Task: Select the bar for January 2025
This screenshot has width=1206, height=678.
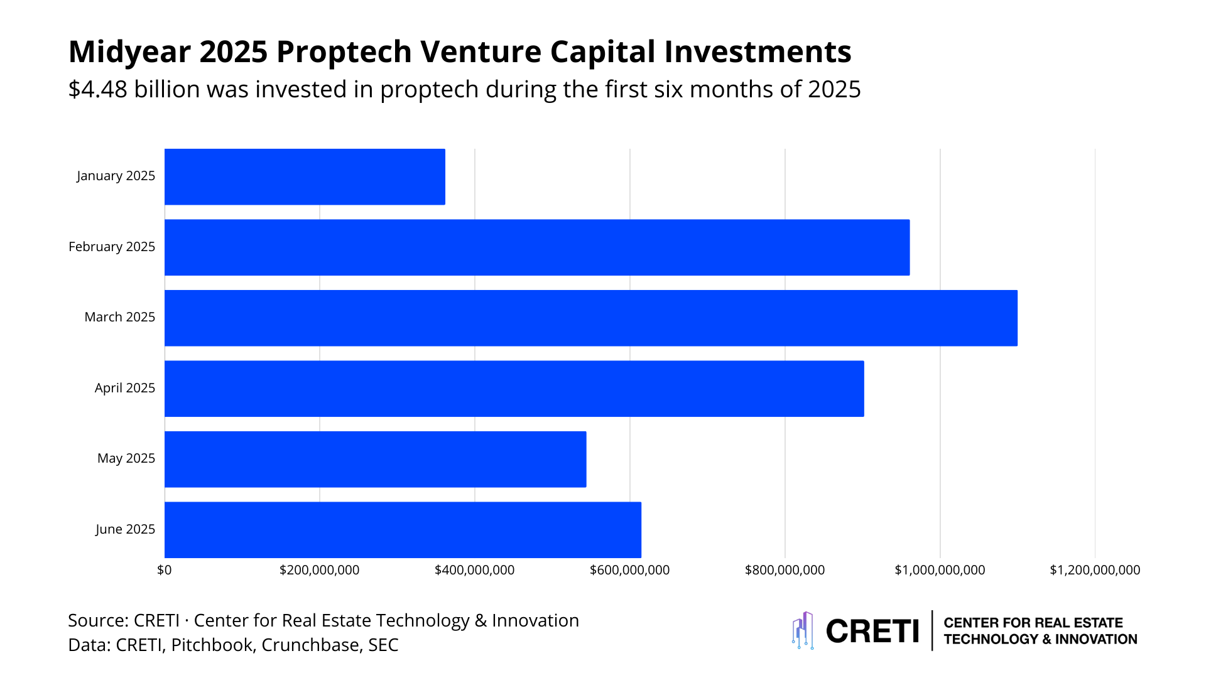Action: coord(305,176)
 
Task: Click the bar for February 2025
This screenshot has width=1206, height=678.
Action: coord(537,247)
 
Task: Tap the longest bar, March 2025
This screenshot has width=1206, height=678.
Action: coord(590,318)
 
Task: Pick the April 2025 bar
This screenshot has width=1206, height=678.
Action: coord(514,389)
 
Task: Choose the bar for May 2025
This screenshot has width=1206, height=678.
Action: coord(375,459)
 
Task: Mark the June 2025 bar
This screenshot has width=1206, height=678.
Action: coord(403,530)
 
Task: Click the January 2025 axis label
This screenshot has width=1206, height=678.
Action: coord(116,176)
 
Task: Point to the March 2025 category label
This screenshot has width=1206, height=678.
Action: coord(119,317)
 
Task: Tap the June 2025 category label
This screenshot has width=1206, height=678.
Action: coord(125,529)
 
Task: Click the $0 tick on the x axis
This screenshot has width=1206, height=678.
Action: coord(164,570)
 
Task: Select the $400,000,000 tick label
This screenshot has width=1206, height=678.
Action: coord(474,570)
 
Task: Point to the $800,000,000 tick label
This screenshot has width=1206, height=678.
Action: coord(785,570)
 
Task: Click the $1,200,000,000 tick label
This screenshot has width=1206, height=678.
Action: coord(1095,570)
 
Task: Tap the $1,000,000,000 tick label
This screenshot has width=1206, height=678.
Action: coord(940,570)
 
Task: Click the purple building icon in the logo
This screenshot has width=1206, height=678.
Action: coord(803,630)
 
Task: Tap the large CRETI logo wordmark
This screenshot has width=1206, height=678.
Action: coord(872,631)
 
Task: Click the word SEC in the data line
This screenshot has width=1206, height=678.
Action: coord(383,645)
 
